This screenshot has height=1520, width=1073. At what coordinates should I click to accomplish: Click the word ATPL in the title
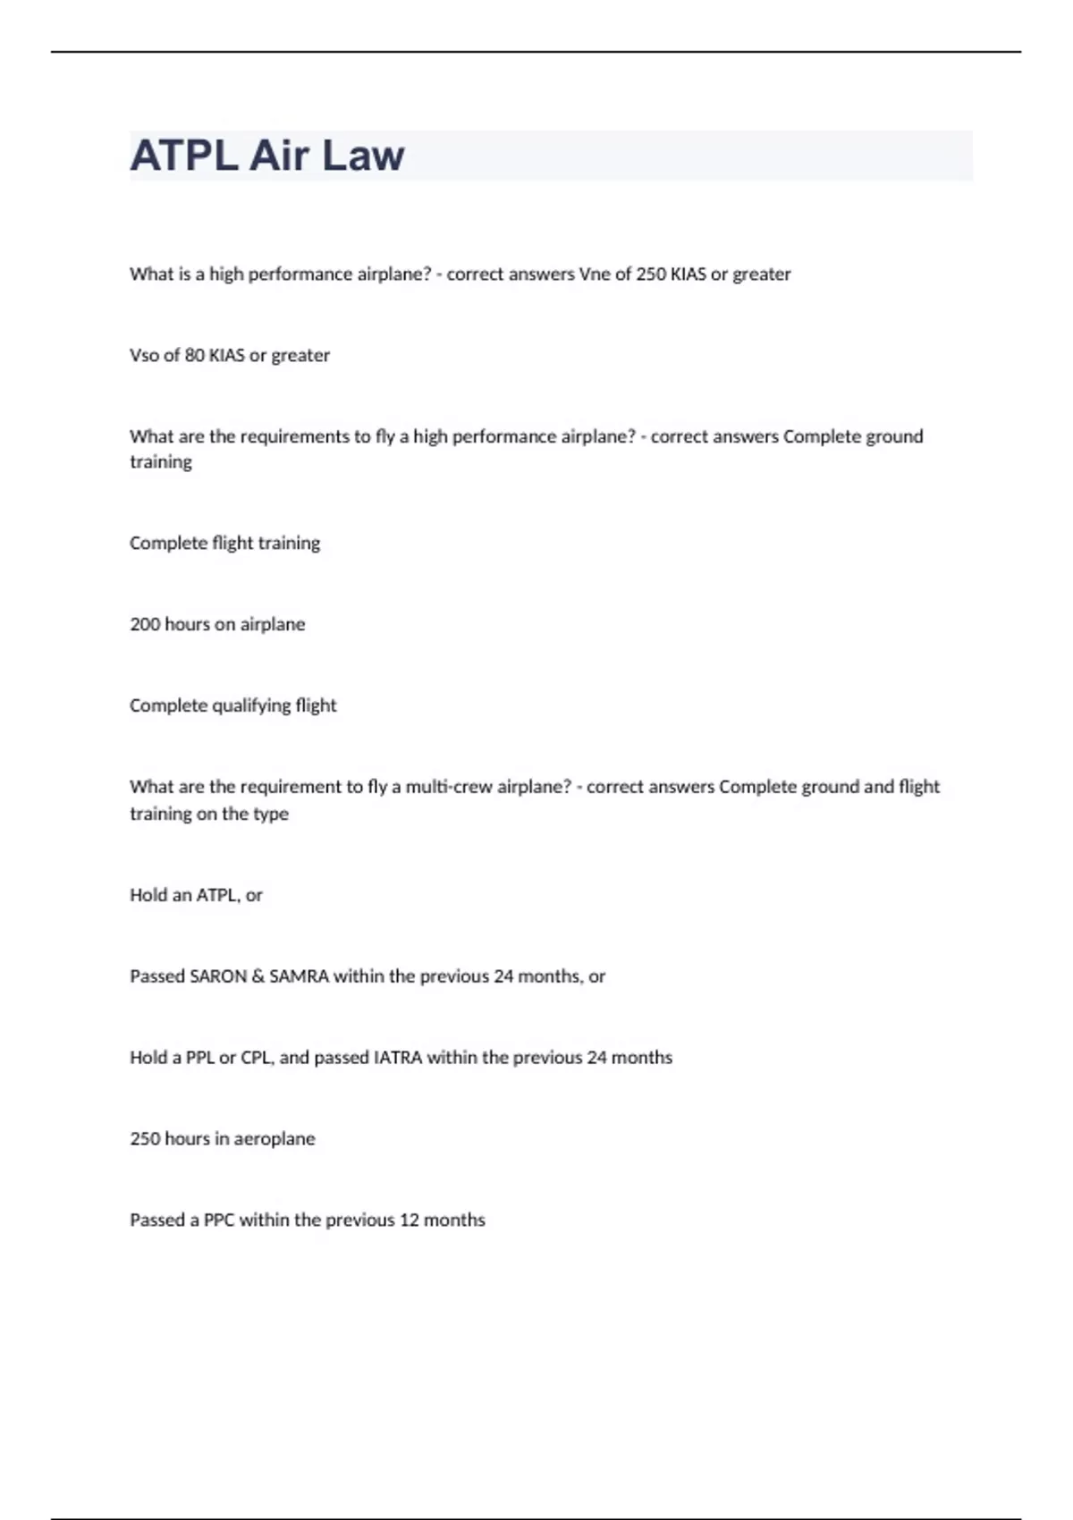184,156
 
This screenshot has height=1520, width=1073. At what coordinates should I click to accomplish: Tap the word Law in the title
363,156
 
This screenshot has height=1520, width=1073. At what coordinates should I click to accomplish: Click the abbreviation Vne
595,274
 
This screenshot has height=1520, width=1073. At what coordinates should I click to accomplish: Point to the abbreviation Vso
144,355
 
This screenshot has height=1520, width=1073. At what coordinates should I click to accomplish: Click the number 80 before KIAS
194,355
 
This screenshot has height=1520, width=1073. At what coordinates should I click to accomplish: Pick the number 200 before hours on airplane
145,624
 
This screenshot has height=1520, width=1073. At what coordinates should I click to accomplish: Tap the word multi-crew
450,787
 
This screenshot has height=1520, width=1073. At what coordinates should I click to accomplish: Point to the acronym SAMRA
299,976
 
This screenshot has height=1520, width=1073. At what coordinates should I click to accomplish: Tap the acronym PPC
218,1220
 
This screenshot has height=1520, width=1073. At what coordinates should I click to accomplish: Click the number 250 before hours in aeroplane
145,1139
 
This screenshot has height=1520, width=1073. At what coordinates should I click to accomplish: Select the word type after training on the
271,815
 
